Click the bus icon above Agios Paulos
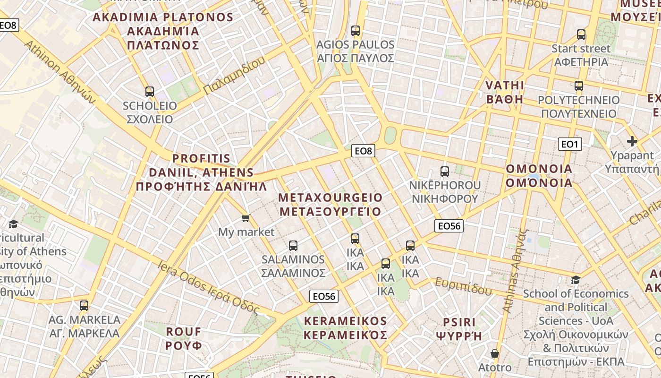pyautogui.click(x=356, y=31)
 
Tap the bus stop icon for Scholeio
pyautogui.click(x=150, y=92)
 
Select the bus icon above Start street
pyautogui.click(x=581, y=34)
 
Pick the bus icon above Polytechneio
pyautogui.click(x=579, y=86)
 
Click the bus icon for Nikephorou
pyautogui.click(x=444, y=171)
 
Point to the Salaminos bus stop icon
pyautogui.click(x=293, y=246)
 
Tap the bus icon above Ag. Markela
pyautogui.click(x=84, y=306)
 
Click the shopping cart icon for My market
pyautogui.click(x=246, y=218)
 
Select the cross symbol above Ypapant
pyautogui.click(x=632, y=141)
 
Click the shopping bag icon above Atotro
pyautogui.click(x=495, y=353)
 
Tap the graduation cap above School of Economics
pyautogui.click(x=576, y=280)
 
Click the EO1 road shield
pyautogui.click(x=570, y=144)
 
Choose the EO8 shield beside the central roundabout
pyautogui.click(x=364, y=151)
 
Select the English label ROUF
pyautogui.click(x=184, y=331)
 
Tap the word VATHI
pyautogui.click(x=505, y=86)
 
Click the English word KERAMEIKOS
pyautogui.click(x=345, y=321)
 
